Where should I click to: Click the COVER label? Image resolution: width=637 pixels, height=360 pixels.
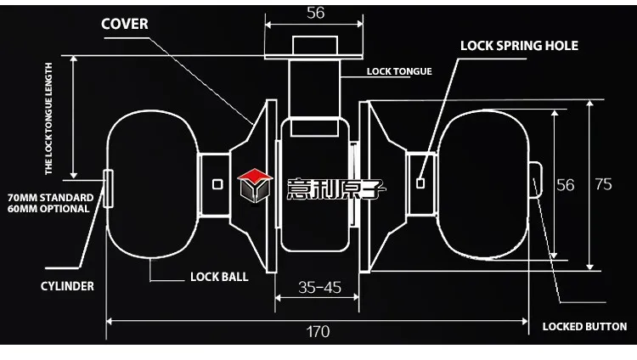tap(125, 24)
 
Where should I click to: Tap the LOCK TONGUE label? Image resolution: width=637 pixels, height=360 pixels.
tap(399, 71)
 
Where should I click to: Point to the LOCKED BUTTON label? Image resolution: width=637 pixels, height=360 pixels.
tap(584, 326)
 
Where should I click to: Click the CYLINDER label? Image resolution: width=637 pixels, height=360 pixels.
tap(66, 286)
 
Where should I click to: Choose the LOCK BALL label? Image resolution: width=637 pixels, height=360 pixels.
tap(219, 277)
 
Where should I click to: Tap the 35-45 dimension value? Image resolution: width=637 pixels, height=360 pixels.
tap(319, 287)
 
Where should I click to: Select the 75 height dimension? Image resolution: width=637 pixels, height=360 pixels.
tap(603, 185)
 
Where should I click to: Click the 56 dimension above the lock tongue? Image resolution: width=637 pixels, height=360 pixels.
tap(316, 14)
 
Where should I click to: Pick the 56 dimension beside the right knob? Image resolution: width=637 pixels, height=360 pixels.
tap(566, 185)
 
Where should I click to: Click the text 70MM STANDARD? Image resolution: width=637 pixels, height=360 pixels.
tap(50, 198)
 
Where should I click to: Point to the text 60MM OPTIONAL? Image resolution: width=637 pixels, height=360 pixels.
tap(49, 209)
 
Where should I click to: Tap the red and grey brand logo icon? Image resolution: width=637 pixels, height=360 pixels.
tap(253, 184)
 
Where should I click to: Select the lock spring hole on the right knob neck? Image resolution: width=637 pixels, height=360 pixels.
tap(421, 181)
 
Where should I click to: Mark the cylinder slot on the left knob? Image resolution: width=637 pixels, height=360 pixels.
tap(108, 187)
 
